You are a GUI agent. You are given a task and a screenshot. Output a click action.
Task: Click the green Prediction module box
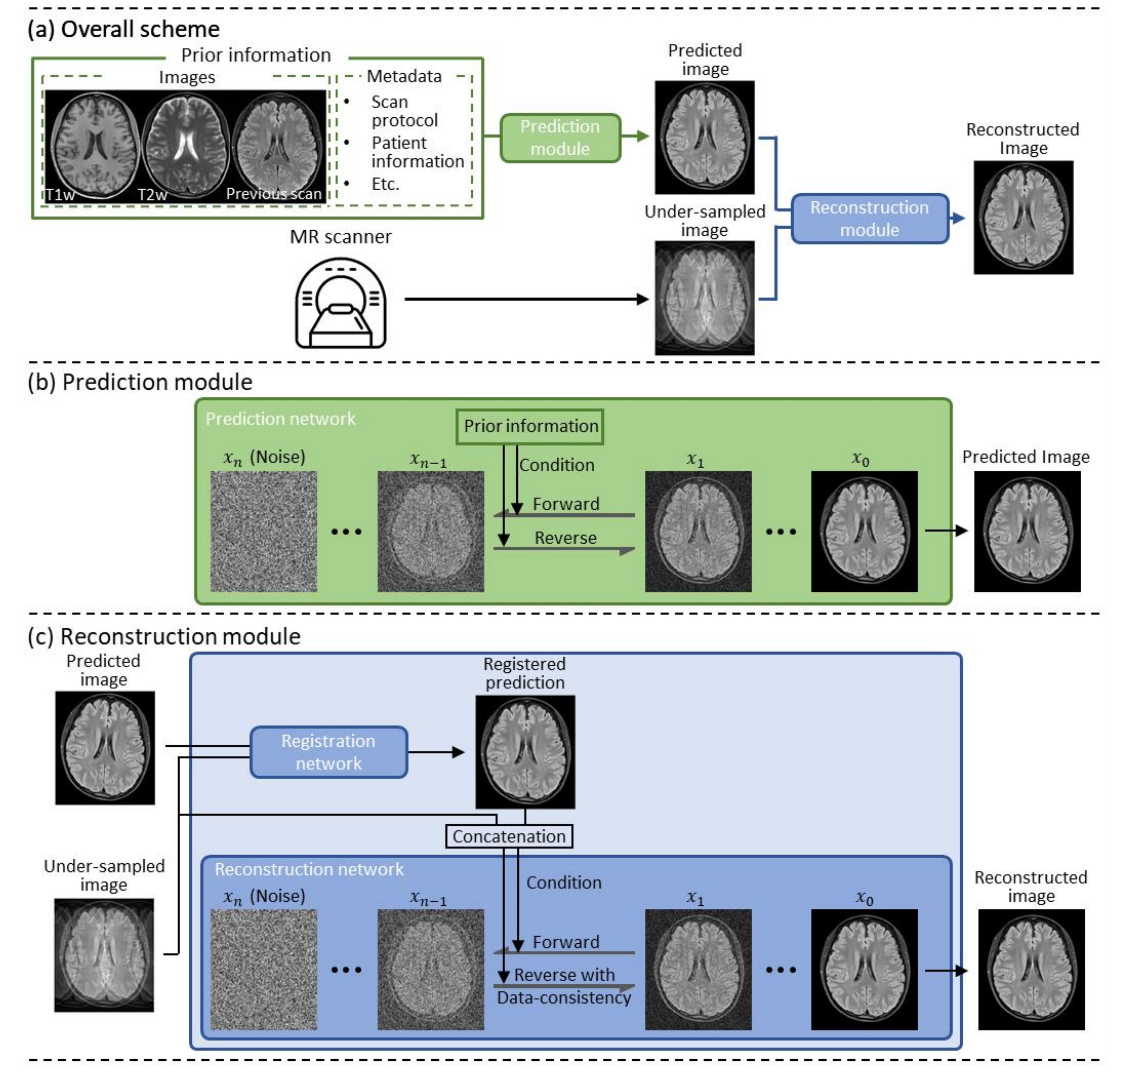pyautogui.click(x=560, y=138)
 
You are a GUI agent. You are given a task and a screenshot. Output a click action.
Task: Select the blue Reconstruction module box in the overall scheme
pyautogui.click(x=869, y=218)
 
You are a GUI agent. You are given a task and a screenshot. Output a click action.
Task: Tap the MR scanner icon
pyautogui.click(x=341, y=303)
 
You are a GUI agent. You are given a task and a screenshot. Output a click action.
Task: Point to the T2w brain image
pyautogui.click(x=186, y=146)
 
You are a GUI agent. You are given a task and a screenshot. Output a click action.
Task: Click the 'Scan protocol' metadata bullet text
pyautogui.click(x=404, y=111)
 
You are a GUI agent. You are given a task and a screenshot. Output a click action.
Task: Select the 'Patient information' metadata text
pyautogui.click(x=417, y=152)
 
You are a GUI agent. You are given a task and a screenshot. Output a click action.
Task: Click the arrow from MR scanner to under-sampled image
pyautogui.click(x=526, y=299)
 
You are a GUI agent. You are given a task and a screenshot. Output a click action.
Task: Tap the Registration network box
pyautogui.click(x=329, y=752)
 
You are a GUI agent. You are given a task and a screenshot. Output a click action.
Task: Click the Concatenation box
pyautogui.click(x=509, y=836)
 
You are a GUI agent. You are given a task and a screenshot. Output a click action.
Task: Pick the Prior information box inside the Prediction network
pyautogui.click(x=530, y=426)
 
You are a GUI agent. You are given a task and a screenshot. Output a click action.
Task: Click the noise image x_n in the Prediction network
pyautogui.click(x=263, y=531)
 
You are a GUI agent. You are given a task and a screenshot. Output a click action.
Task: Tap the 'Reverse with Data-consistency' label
pyautogui.click(x=564, y=986)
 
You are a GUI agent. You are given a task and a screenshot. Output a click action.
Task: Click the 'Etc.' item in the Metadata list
pyautogui.click(x=385, y=184)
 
